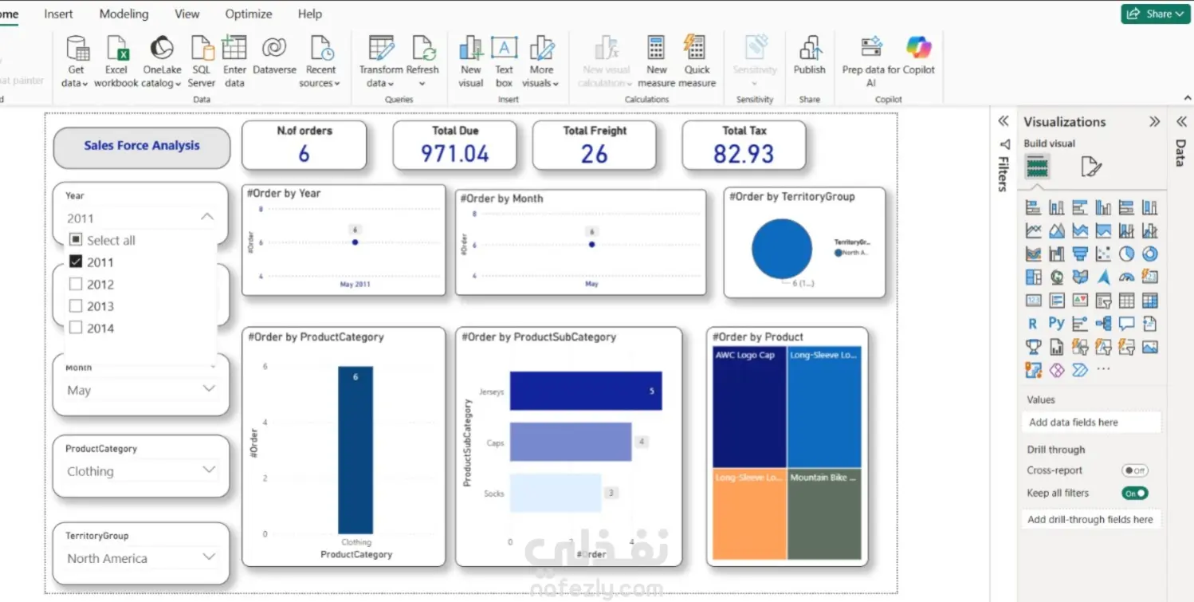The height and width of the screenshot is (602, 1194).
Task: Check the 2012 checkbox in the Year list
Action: pyautogui.click(x=76, y=284)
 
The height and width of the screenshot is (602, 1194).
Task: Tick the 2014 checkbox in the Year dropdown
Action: pyautogui.click(x=76, y=328)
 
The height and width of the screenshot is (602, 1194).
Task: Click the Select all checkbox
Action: pyautogui.click(x=76, y=240)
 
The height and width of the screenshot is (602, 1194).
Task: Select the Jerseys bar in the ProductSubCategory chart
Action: pyautogui.click(x=585, y=391)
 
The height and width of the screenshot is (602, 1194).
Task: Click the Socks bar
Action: pyautogui.click(x=555, y=493)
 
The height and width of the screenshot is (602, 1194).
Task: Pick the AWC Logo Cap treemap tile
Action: pyautogui.click(x=748, y=407)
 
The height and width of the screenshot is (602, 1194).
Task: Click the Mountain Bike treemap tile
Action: pyautogui.click(x=824, y=514)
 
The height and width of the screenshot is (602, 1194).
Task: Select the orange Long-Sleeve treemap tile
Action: pyautogui.click(x=748, y=514)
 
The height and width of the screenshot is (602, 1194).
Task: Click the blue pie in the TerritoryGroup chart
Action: pyautogui.click(x=781, y=249)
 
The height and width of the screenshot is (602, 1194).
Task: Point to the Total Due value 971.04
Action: pyautogui.click(x=454, y=154)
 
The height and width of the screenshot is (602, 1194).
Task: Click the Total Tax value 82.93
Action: pyautogui.click(x=743, y=154)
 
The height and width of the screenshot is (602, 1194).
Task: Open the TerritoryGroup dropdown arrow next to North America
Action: pyautogui.click(x=209, y=557)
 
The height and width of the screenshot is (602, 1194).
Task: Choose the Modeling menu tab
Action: pyautogui.click(x=124, y=14)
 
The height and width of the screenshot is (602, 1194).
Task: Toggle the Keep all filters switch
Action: pyautogui.click(x=1134, y=494)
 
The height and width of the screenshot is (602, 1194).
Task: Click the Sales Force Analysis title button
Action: pyautogui.click(x=142, y=146)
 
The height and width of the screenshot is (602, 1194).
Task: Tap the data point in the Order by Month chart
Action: pyautogui.click(x=591, y=245)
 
